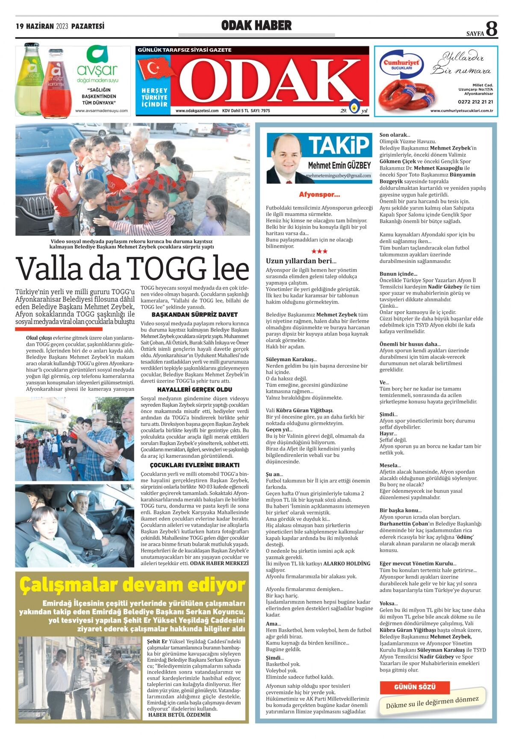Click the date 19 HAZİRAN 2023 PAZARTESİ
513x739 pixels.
(x=60, y=26)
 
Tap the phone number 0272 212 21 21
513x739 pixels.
(x=475, y=102)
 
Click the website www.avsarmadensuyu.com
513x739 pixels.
(x=101, y=111)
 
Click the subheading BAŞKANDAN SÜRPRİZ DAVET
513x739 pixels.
(x=195, y=315)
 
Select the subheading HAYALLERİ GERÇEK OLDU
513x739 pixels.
(x=195, y=389)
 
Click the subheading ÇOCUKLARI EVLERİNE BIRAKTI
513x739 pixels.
(x=195, y=465)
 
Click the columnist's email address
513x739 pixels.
(x=338, y=176)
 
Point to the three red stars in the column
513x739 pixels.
(x=319, y=251)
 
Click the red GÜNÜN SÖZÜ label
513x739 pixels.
(x=414, y=687)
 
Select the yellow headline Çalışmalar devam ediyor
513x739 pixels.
(x=133, y=585)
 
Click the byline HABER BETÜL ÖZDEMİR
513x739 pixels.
(x=179, y=714)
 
